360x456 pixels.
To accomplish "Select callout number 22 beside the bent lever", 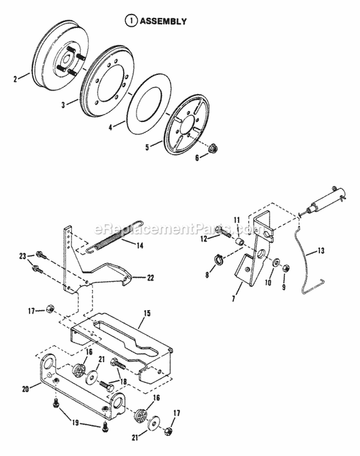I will tap(137, 277).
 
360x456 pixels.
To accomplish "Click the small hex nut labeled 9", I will tap(284, 266).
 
